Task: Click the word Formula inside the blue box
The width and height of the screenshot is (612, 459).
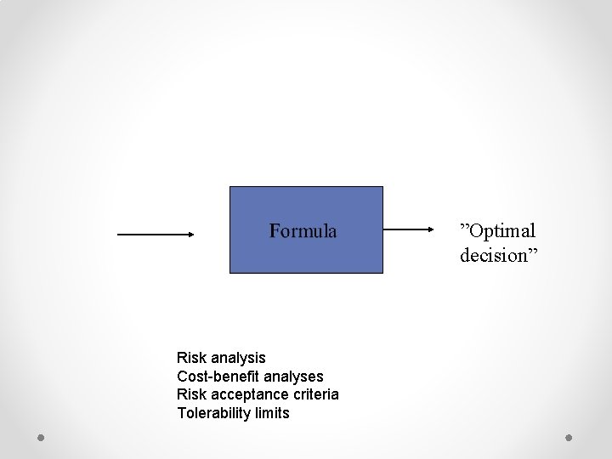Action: point(303,231)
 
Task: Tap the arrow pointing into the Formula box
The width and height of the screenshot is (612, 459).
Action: point(156,234)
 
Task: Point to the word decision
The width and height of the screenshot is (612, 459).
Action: point(492,254)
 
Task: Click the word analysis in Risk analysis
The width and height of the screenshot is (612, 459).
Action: point(239,358)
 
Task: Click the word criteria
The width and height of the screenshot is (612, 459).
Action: point(314,394)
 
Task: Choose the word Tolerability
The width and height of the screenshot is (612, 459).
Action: point(211,413)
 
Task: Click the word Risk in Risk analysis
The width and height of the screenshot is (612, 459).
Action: point(191,358)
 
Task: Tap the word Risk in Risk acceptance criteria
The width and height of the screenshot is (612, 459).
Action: point(191,394)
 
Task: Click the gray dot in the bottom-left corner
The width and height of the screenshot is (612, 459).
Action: point(41,438)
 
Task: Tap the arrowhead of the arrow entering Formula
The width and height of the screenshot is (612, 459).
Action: point(190,234)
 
